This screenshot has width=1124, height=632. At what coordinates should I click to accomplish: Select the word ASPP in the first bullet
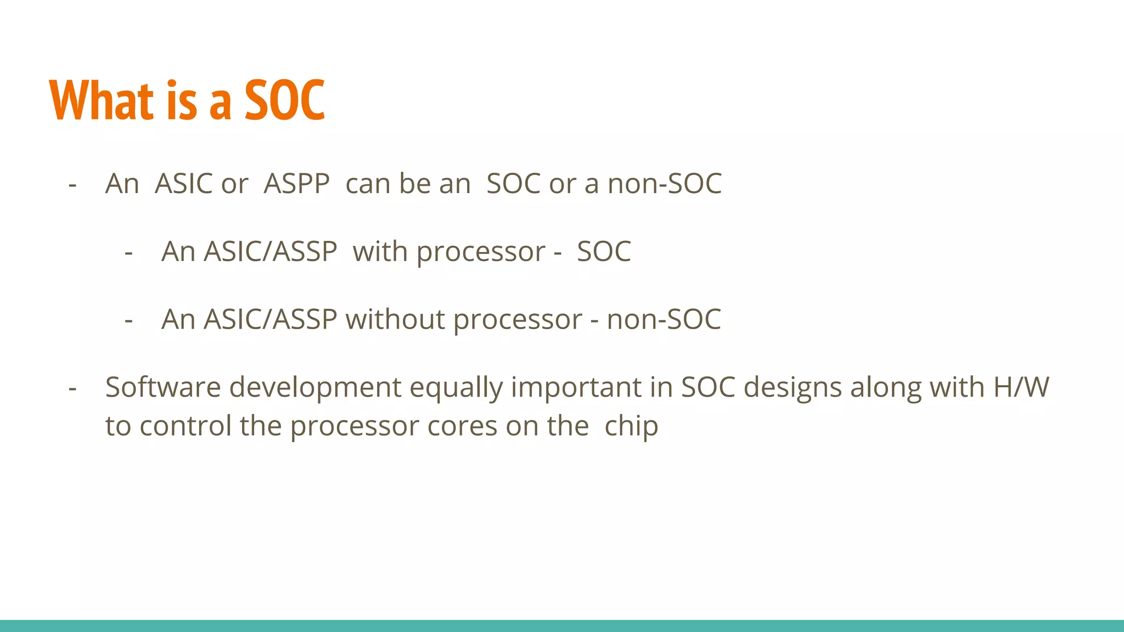(296, 184)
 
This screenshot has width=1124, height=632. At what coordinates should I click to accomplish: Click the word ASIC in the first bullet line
(184, 184)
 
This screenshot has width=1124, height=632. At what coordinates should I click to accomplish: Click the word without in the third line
(395, 319)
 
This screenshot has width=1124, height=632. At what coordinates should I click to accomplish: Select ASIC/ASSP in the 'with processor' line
(270, 252)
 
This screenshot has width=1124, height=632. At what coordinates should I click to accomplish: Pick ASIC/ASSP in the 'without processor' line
(270, 319)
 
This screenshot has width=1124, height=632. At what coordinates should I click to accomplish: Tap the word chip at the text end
(631, 427)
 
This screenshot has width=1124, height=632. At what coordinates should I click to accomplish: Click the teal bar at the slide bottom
(562, 625)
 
